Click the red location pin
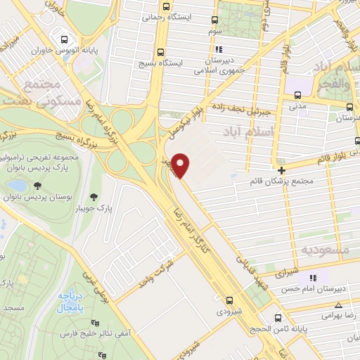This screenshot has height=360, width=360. coord(181,165)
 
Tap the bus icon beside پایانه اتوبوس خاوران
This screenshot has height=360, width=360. coord(65,39)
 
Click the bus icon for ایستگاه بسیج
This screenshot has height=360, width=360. coord(162,52)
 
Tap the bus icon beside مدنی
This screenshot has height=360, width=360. coord(297,95)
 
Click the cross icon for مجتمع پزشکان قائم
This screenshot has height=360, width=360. coord(281,170)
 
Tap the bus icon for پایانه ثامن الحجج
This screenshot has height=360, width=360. coord(280,319)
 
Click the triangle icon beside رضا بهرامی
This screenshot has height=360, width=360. coord(339,305)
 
